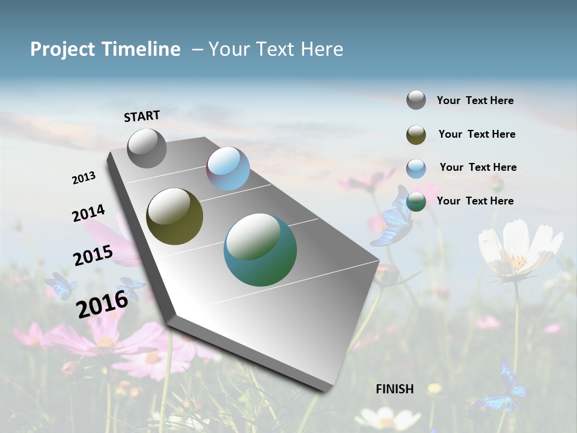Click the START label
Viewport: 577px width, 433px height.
point(142,116)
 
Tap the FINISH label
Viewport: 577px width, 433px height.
point(395,389)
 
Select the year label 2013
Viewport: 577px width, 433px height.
point(84,178)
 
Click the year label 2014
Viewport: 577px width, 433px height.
point(88,213)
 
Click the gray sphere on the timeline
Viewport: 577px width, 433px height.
point(147,148)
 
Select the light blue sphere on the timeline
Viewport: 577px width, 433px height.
point(228,168)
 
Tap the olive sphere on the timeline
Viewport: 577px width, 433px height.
point(174,216)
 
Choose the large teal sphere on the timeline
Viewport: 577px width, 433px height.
point(260,250)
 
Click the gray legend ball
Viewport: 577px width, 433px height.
point(416,100)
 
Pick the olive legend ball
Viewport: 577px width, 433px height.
point(416,135)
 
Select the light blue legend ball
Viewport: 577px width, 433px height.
point(416,168)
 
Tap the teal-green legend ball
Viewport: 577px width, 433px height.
point(416,201)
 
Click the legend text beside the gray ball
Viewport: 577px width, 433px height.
point(475,100)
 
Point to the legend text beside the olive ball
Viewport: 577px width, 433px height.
point(477,134)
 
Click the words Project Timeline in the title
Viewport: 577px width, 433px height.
point(105,49)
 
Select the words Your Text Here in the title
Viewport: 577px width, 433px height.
point(276,49)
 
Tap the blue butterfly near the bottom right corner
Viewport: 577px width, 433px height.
point(504,388)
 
